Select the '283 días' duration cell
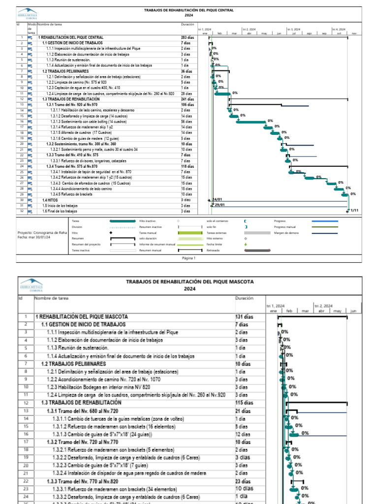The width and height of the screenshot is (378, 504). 187,37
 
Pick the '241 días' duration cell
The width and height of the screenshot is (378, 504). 187,99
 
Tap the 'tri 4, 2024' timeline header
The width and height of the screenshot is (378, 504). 339,30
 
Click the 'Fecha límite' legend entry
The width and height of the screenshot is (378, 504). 215,244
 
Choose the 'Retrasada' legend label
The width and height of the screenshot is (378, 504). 213,251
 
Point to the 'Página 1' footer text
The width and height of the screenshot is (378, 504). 189,258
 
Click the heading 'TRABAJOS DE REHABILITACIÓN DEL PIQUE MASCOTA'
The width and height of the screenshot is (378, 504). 190,282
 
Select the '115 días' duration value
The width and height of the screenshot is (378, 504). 244,402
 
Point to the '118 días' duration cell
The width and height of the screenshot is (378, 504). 187,166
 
